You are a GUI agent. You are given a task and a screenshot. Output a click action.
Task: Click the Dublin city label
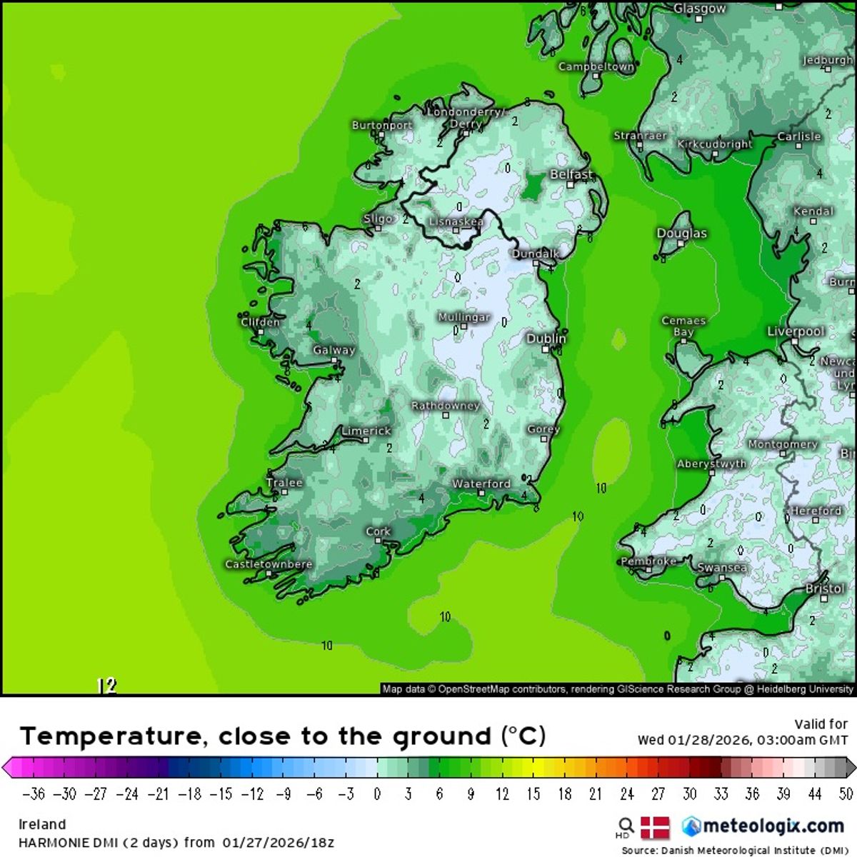tap(546, 339)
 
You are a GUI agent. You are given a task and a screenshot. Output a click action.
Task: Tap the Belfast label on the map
tap(571, 174)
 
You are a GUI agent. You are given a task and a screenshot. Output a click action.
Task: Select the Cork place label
tap(378, 531)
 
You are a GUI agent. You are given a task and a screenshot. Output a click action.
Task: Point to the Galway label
tap(334, 350)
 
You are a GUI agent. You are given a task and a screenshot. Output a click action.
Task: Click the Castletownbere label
tap(269, 564)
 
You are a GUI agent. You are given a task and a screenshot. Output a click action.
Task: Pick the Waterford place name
tap(481, 483)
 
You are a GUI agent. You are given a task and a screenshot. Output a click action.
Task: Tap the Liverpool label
tap(796, 331)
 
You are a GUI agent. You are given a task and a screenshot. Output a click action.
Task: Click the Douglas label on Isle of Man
tap(681, 234)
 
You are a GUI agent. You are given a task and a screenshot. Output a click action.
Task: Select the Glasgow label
tap(699, 9)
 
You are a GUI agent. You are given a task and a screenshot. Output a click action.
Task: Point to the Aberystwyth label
tap(711, 463)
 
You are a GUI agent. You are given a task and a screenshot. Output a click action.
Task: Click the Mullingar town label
tap(463, 317)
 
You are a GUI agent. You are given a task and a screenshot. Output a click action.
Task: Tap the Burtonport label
tap(382, 125)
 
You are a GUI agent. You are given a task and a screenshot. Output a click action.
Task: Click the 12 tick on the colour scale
tap(502, 794)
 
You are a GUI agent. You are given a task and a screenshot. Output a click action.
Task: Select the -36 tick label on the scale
tap(34, 794)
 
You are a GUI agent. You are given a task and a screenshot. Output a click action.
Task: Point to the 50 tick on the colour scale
tap(846, 794)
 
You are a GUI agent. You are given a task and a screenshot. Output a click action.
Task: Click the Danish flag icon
tap(655, 828)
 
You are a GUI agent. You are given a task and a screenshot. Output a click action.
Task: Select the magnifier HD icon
tap(626, 828)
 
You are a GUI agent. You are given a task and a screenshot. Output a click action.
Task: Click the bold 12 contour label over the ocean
tap(106, 686)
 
